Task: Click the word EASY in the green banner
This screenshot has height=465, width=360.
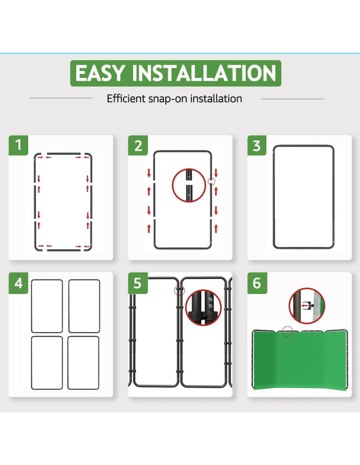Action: pos(100,73)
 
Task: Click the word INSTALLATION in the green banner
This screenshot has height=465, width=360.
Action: pos(204,73)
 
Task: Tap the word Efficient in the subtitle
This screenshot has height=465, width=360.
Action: pos(126,99)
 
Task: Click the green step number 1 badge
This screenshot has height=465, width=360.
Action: pos(18,145)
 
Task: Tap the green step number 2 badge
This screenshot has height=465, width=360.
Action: pos(138,145)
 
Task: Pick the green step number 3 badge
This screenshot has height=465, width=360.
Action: pos(257,145)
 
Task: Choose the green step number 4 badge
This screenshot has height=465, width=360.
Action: pos(18,283)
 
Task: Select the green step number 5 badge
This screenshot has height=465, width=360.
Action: pos(138,283)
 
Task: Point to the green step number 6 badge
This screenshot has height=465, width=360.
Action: pos(257,283)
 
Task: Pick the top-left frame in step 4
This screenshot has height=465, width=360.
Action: pos(31,306)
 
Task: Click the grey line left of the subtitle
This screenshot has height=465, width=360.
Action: pos(61,98)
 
